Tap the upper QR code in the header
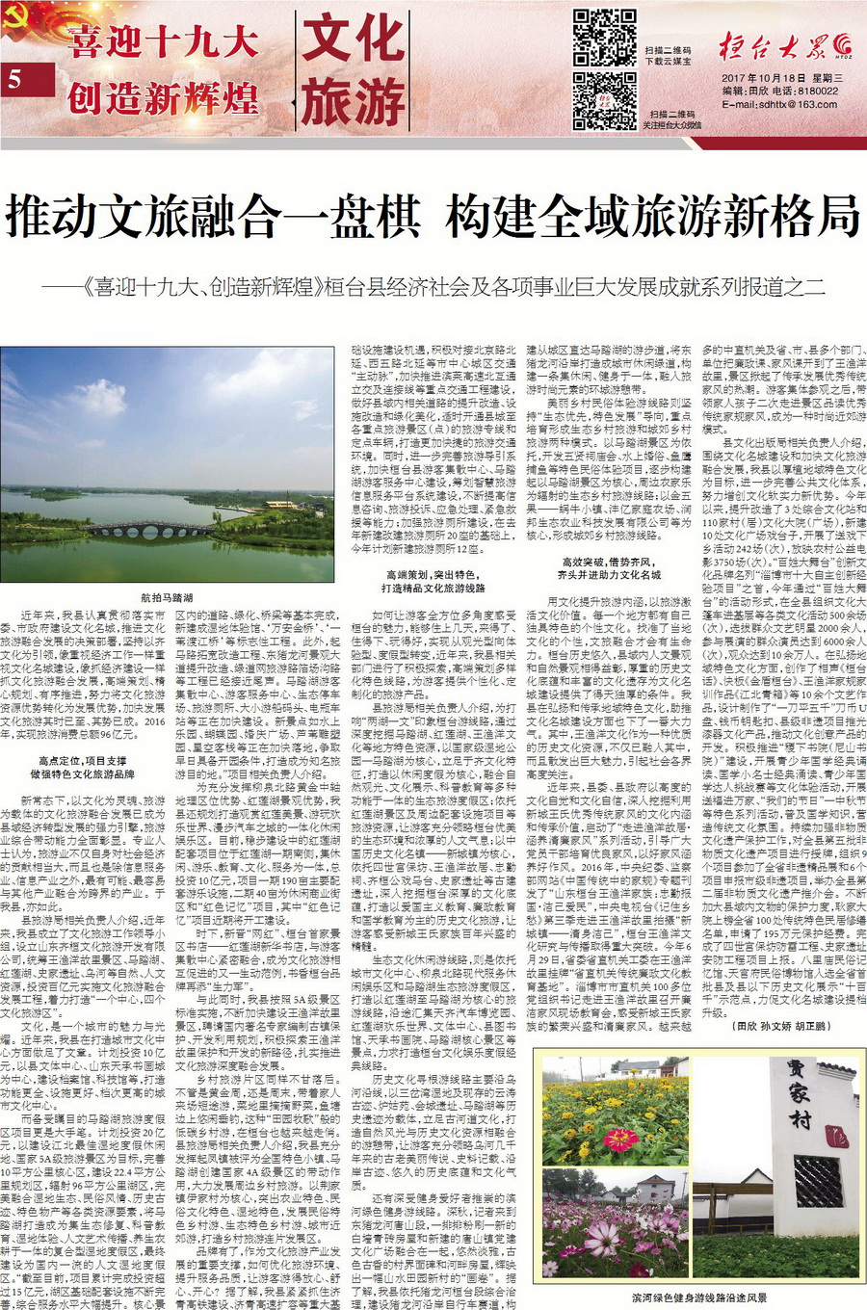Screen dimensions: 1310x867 604,38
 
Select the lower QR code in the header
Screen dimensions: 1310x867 604,100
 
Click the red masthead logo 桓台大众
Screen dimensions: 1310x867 775,43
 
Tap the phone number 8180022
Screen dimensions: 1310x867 817,92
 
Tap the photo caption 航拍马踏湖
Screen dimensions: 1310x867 167,597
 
